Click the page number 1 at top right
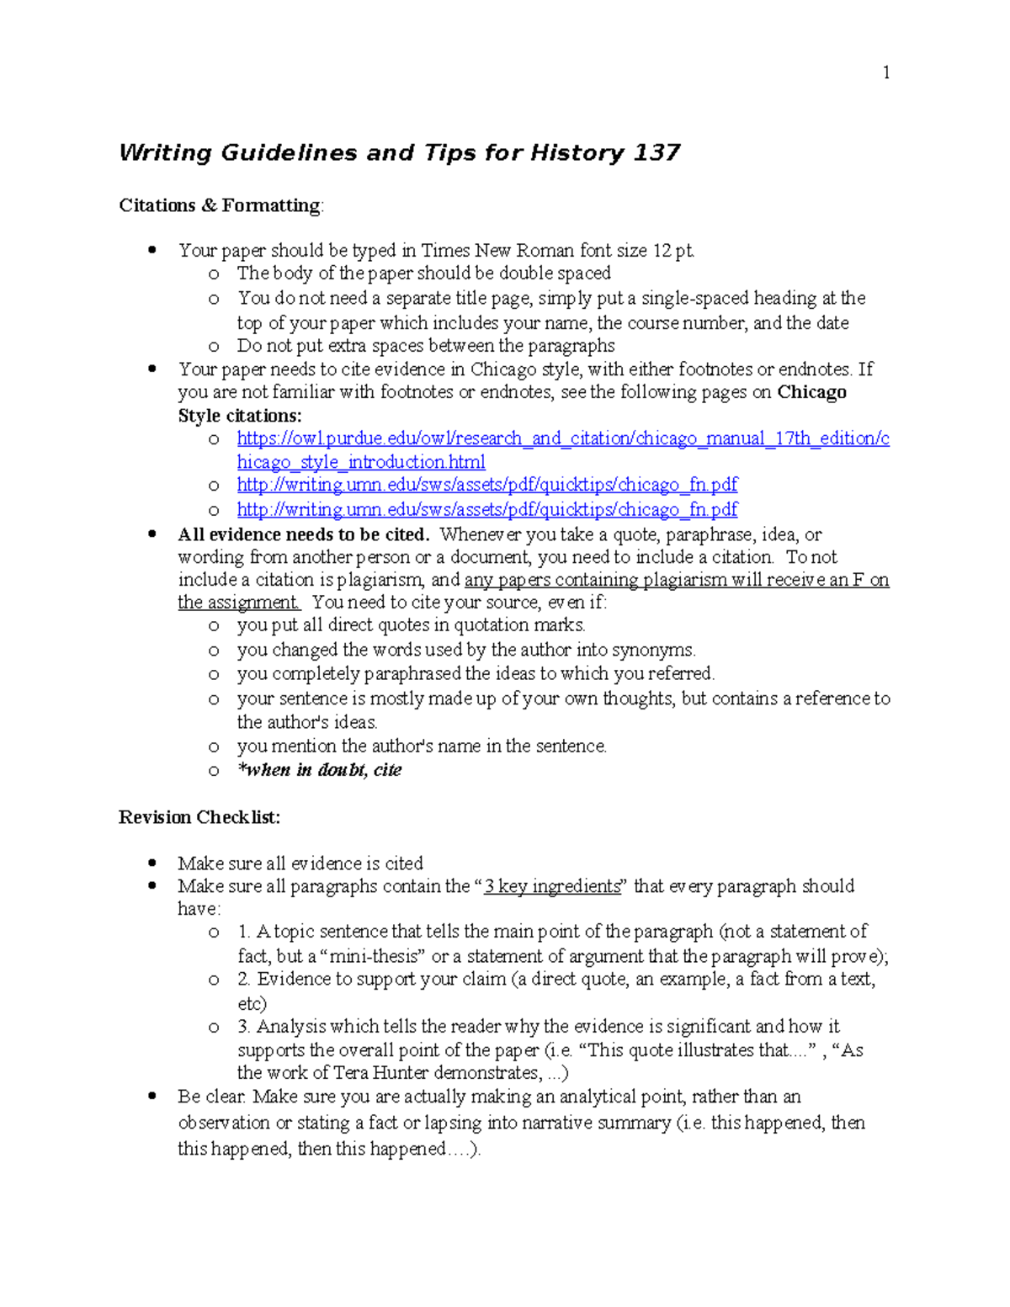point(886,73)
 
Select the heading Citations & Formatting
point(220,206)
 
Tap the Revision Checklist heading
point(199,817)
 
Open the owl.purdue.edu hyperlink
point(562,439)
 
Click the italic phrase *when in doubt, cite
point(320,770)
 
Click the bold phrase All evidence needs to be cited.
point(304,535)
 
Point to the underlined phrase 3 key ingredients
point(552,886)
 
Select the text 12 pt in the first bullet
point(672,251)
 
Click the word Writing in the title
point(166,153)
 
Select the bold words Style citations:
point(240,416)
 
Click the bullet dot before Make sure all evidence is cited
point(152,862)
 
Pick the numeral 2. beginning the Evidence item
point(244,979)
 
